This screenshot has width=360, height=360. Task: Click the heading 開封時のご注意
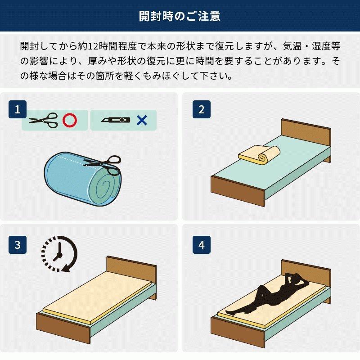(180, 16)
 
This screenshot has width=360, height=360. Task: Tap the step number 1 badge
(18, 109)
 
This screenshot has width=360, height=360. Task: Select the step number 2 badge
(201, 109)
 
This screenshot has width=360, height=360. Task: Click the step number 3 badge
(18, 245)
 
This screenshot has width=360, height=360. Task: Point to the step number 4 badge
(201, 245)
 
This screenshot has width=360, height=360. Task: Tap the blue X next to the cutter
(142, 120)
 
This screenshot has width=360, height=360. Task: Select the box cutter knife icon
(116, 120)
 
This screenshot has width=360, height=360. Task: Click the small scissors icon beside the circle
(44, 120)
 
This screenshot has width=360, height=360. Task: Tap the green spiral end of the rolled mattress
(101, 187)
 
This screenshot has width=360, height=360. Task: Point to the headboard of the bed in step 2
(306, 135)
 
